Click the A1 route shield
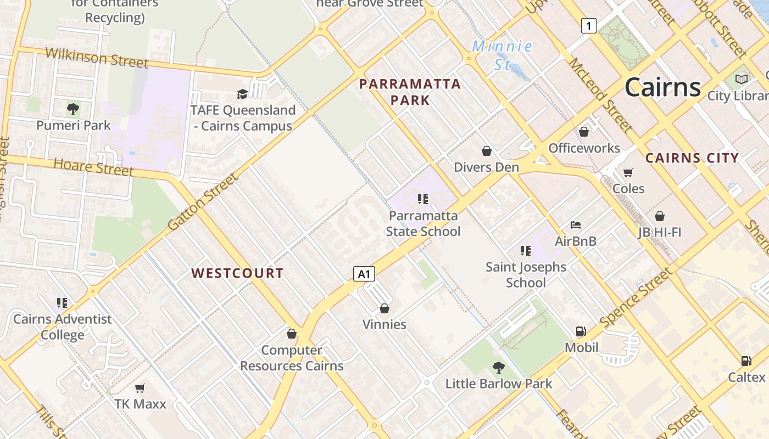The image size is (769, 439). pos(364,273)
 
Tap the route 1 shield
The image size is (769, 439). pos(588,25)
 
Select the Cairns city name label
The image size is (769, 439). pos(662,87)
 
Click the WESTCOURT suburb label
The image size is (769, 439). pos(237,273)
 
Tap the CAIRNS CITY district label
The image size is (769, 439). pos(692,158)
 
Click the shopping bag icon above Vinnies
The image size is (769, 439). pos(384,308)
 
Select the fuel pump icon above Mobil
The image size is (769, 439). pos(581,331)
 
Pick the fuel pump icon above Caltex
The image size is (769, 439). pos(746,361)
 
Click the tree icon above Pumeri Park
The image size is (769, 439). pos(73,109)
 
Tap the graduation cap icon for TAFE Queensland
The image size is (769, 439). pos(242,94)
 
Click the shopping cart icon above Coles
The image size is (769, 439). pos(628,172)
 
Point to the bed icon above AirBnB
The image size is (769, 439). pos(575,225)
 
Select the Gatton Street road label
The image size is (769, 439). pos(203,201)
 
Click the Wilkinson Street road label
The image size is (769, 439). pos(97,57)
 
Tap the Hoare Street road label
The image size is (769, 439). pos(93,167)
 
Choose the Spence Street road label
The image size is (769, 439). pos(636,297)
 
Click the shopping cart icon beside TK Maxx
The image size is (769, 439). pos(140,389)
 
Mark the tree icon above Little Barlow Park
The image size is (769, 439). pos(498,367)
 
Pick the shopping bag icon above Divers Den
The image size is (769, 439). pos(486,151)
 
